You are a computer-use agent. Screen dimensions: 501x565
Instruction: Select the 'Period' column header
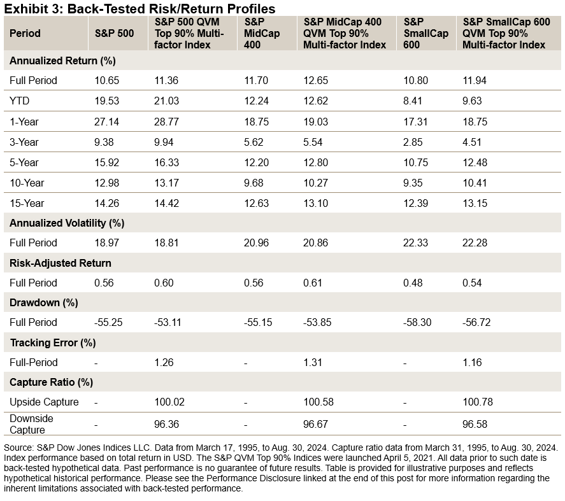coord(25,33)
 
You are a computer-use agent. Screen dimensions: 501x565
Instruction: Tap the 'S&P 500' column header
coord(114,33)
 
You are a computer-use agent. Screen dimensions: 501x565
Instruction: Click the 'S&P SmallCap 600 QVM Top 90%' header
coord(504,33)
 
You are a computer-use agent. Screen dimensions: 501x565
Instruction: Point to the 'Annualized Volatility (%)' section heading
coord(67,223)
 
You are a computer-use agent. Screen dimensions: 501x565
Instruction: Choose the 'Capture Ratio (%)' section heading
coord(51,383)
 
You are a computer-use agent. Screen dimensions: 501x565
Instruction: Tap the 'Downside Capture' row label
coord(32,424)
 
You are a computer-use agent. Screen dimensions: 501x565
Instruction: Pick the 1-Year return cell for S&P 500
coord(106,122)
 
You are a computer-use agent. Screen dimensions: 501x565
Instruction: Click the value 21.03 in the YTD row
coord(166,101)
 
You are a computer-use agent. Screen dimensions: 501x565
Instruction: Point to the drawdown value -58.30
coord(417,322)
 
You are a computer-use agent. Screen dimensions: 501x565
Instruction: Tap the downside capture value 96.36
coord(167,424)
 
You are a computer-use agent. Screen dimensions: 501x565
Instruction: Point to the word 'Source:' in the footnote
coord(20,447)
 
